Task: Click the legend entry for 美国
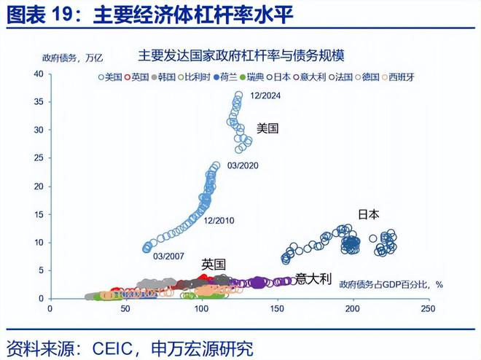(109, 76)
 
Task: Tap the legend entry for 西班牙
(399, 76)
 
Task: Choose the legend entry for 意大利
(310, 76)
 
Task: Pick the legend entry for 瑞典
(253, 76)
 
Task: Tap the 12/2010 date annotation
(219, 220)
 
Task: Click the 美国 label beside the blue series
(268, 128)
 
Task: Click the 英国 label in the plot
(214, 264)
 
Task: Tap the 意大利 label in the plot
(313, 278)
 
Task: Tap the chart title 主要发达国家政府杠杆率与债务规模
(241, 55)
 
